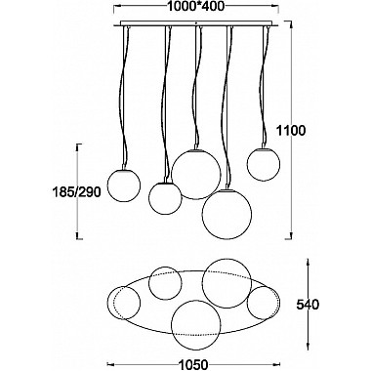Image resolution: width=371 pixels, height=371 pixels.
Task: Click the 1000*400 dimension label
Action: tap(196, 6)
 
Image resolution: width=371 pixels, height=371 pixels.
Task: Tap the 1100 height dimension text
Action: tap(291, 131)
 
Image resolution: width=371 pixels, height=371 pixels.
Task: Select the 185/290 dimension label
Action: tap(76, 192)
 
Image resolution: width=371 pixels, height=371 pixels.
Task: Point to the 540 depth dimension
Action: tap(308, 305)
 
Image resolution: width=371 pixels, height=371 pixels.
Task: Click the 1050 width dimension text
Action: tap(192, 364)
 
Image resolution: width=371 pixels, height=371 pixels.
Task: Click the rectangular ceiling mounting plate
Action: tap(196, 23)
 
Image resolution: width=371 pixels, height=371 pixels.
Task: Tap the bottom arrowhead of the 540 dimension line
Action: tap(308, 346)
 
